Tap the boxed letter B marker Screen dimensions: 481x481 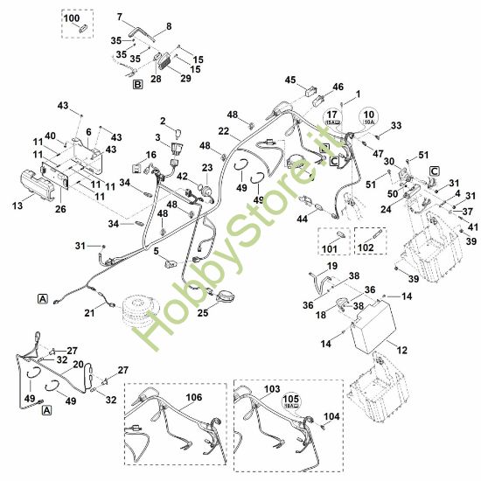point(136,85)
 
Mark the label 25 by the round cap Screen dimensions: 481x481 point(203,311)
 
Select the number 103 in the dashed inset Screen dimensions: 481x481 point(271,387)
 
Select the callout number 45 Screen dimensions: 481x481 point(290,80)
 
